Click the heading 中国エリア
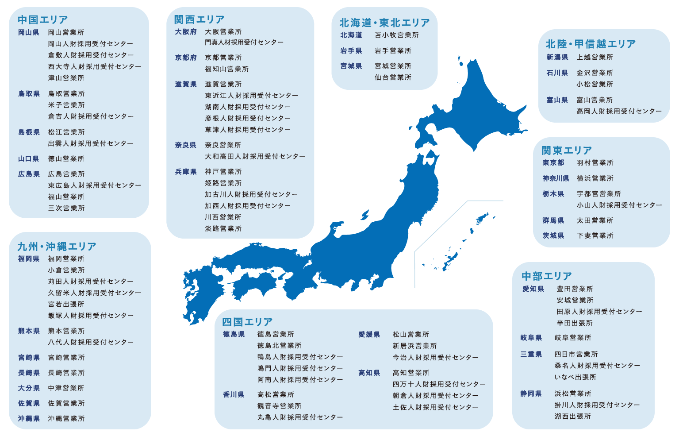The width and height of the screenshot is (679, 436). coord(42,20)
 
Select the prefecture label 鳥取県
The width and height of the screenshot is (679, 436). coord(29,94)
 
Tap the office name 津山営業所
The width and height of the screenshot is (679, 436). coord(66,78)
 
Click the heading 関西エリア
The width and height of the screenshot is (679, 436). coord(199,19)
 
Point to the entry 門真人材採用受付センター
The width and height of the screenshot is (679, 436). coord(244,42)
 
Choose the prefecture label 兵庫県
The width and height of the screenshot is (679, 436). coord(185,172)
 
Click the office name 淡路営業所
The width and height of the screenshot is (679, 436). coord(223,229)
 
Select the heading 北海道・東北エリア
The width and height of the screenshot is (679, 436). coord(384,23)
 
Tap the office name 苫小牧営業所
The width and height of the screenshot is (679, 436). coord(396,35)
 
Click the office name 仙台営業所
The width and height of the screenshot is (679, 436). coord(393,77)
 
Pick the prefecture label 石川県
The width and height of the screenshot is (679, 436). coord(557,73)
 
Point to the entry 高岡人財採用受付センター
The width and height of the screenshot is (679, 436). coord(619,112)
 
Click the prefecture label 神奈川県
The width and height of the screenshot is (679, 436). coord(556,178)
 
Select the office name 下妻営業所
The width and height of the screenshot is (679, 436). coord(595,236)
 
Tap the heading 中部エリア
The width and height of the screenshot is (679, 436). coord(546,276)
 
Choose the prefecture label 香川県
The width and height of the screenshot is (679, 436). coord(234,395)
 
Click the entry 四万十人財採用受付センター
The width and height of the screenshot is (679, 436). coord(439,384)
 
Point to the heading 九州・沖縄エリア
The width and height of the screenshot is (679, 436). coord(57,247)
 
